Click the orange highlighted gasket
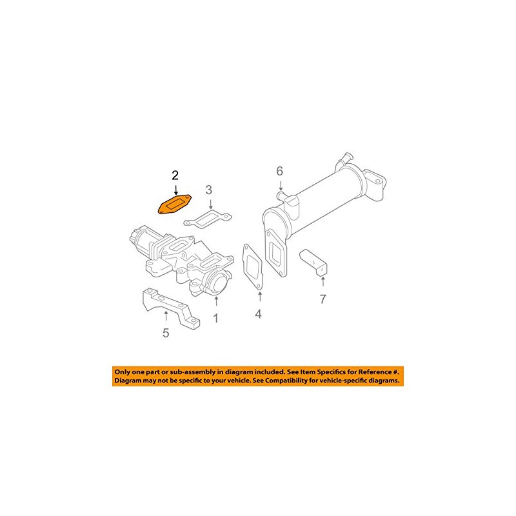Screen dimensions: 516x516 coord(175,204)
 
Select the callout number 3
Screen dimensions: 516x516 coord(209,190)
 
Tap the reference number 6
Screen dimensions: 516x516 coord(280,171)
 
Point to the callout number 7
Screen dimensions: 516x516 coord(323,299)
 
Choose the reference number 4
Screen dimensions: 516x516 coord(259,314)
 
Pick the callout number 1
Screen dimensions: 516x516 coord(216,318)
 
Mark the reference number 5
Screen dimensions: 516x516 coord(166,333)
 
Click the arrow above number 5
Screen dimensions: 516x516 coord(166,316)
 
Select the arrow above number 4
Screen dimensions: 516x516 coord(259,296)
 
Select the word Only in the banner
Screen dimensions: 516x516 coord(123,372)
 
